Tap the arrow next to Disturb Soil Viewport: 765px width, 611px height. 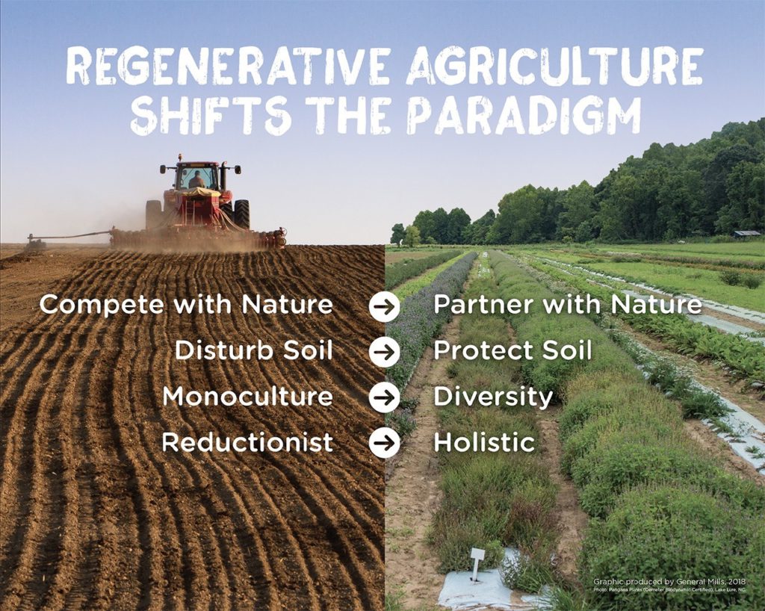pos(384,352)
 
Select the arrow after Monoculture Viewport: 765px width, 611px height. pos(384,397)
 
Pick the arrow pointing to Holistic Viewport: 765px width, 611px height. pos(384,443)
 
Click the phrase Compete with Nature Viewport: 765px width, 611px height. pos(186,305)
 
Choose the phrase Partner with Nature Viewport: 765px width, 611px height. pos(568,305)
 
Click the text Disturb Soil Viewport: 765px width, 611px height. pos(253,350)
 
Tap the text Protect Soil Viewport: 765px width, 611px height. pos(512,350)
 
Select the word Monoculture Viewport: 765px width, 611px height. pos(247,397)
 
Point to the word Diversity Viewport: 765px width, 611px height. pos(493,397)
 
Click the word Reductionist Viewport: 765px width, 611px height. pos(247,442)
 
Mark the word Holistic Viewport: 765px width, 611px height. pos(484,442)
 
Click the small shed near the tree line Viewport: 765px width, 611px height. pos(746,234)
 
